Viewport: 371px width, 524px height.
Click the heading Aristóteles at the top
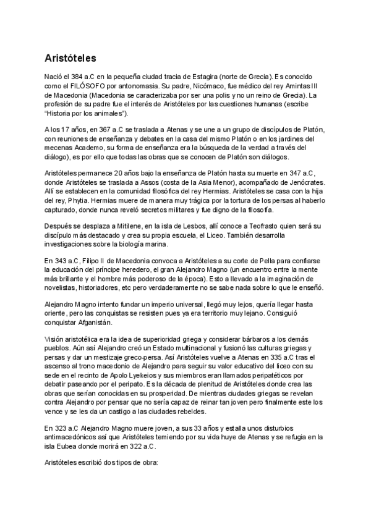(70, 59)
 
